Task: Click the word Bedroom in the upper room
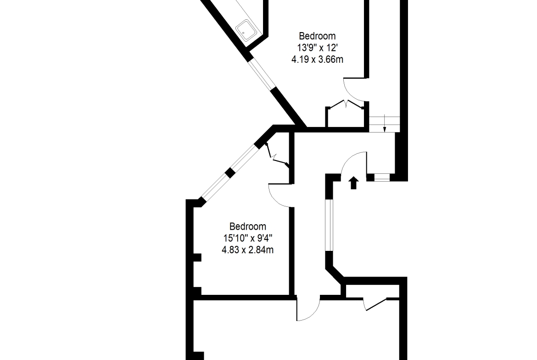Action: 317,36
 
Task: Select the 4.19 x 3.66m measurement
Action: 317,60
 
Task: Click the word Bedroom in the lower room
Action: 247,227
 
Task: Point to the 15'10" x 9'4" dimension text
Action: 248,238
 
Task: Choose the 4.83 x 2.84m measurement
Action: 247,250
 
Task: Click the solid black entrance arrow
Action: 354,183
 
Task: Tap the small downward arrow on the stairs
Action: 385,124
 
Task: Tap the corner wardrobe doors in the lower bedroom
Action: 276,156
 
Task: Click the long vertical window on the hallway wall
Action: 329,225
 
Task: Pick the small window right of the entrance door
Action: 382,177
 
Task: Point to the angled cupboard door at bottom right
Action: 375,304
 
